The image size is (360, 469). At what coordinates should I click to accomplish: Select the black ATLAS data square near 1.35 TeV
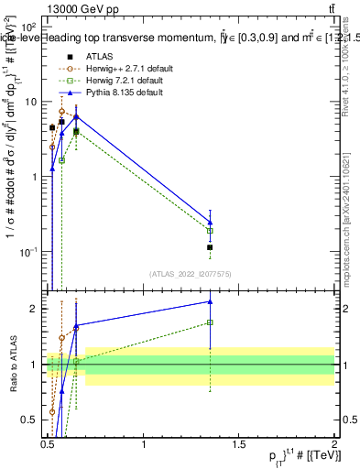210,247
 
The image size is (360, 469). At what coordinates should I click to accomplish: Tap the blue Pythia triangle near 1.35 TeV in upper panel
210,222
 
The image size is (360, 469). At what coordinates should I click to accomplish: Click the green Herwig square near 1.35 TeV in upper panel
210,231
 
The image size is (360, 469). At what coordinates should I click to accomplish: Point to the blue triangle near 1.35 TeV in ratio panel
210,300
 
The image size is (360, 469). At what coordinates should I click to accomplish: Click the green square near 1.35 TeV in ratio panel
210,322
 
